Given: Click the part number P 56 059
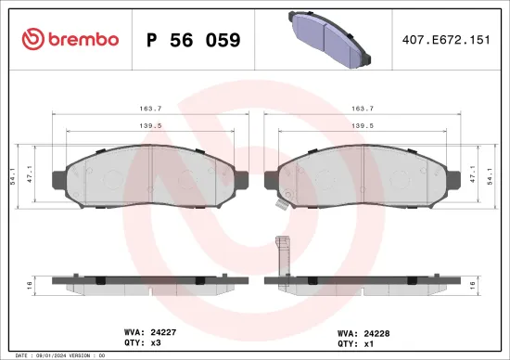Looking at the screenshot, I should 194,40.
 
